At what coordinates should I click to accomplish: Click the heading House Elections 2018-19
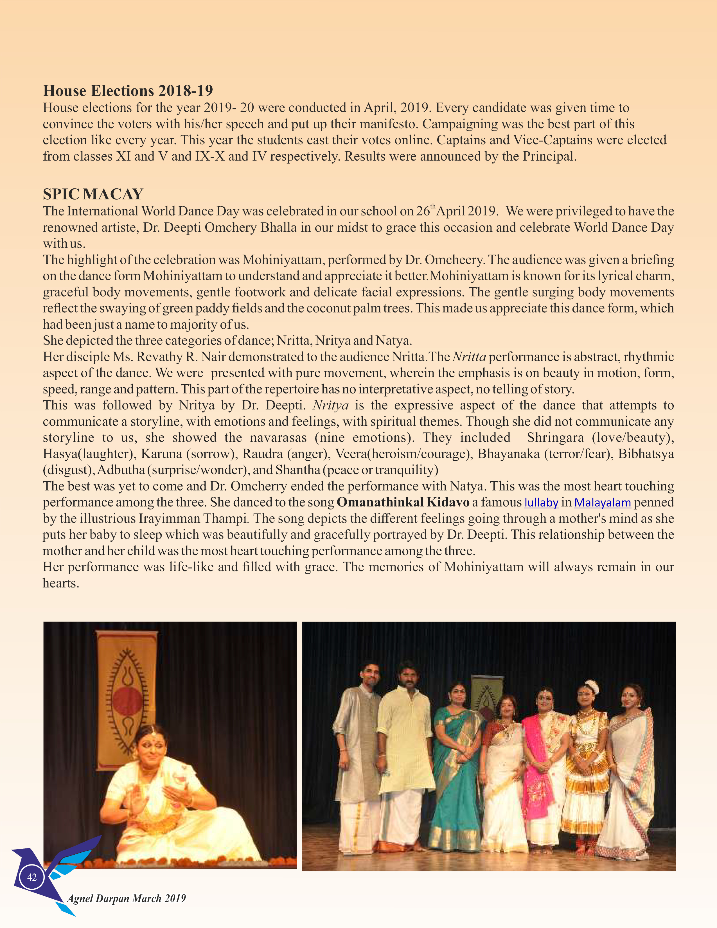[128, 91]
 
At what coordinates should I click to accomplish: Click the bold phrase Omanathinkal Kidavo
[403, 502]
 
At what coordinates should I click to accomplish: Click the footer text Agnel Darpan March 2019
[126, 898]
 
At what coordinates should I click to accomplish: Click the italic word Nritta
[469, 357]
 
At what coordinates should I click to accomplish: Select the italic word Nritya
[330, 405]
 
